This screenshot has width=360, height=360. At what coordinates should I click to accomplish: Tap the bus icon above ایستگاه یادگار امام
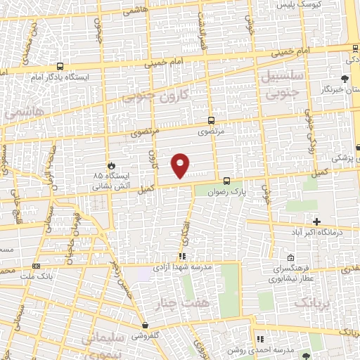tap(59, 67)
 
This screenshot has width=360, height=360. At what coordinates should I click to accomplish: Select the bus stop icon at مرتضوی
tap(212, 121)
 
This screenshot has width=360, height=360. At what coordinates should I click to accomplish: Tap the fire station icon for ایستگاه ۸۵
tap(110, 165)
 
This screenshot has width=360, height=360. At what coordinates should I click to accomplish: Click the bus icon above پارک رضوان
tap(226, 181)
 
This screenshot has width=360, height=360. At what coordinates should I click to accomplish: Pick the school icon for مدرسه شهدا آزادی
tap(181, 257)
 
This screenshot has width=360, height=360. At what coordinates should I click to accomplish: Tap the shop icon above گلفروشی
tap(145, 326)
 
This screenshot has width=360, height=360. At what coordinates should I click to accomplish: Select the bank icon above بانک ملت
tap(37, 266)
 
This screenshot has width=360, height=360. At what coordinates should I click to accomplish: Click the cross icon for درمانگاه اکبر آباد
tap(317, 221)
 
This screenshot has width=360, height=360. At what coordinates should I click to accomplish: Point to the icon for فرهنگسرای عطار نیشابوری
tap(290, 258)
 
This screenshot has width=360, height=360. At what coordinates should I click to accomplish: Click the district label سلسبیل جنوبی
tap(281, 83)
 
